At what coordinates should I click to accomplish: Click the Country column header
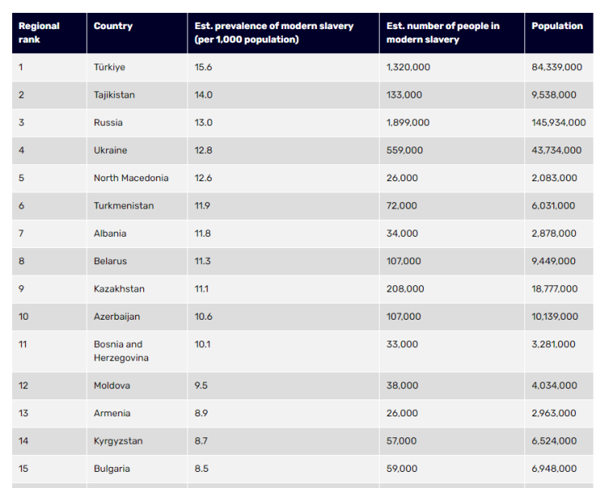pos(113,26)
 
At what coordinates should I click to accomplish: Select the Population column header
pos(557,26)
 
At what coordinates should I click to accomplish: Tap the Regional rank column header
pos(39,32)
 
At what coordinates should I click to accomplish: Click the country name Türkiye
pos(109,68)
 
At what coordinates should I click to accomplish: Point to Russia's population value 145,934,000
pos(558,122)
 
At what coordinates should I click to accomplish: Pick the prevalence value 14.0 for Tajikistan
pos(203,95)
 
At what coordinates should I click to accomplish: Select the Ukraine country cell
pos(110,151)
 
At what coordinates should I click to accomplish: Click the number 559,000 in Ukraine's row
pos(404,151)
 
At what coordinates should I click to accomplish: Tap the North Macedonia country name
pos(131,178)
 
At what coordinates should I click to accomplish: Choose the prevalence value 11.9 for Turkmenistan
pos(203,206)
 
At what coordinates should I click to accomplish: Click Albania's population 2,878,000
pos(553,234)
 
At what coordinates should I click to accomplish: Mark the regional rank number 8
pos(22,261)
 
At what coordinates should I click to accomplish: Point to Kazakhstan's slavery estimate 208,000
pos(405,289)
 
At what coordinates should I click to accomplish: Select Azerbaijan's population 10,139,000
pos(554,316)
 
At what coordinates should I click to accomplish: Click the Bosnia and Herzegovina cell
pos(121,351)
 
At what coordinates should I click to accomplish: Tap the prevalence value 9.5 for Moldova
pos(201,386)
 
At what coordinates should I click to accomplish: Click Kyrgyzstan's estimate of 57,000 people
pos(401,441)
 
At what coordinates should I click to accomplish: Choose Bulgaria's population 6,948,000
pos(553,469)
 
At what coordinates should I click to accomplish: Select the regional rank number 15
pos(23,469)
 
